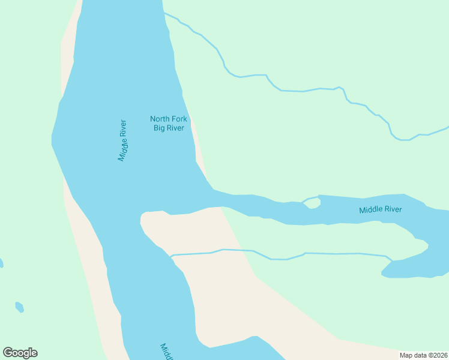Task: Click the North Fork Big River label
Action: pos(168,123)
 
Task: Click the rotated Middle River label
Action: pos(123,140)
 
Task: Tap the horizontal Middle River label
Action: pos(380,210)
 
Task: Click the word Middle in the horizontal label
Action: pos(370,210)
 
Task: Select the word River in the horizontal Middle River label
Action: pos(393,209)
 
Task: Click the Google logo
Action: pos(20,353)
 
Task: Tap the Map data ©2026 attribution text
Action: pos(423,355)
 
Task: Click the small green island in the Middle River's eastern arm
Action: pos(312,203)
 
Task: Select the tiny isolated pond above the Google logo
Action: pos(19,307)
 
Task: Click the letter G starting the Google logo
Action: pos(8,353)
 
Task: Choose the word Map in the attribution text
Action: pos(406,355)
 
